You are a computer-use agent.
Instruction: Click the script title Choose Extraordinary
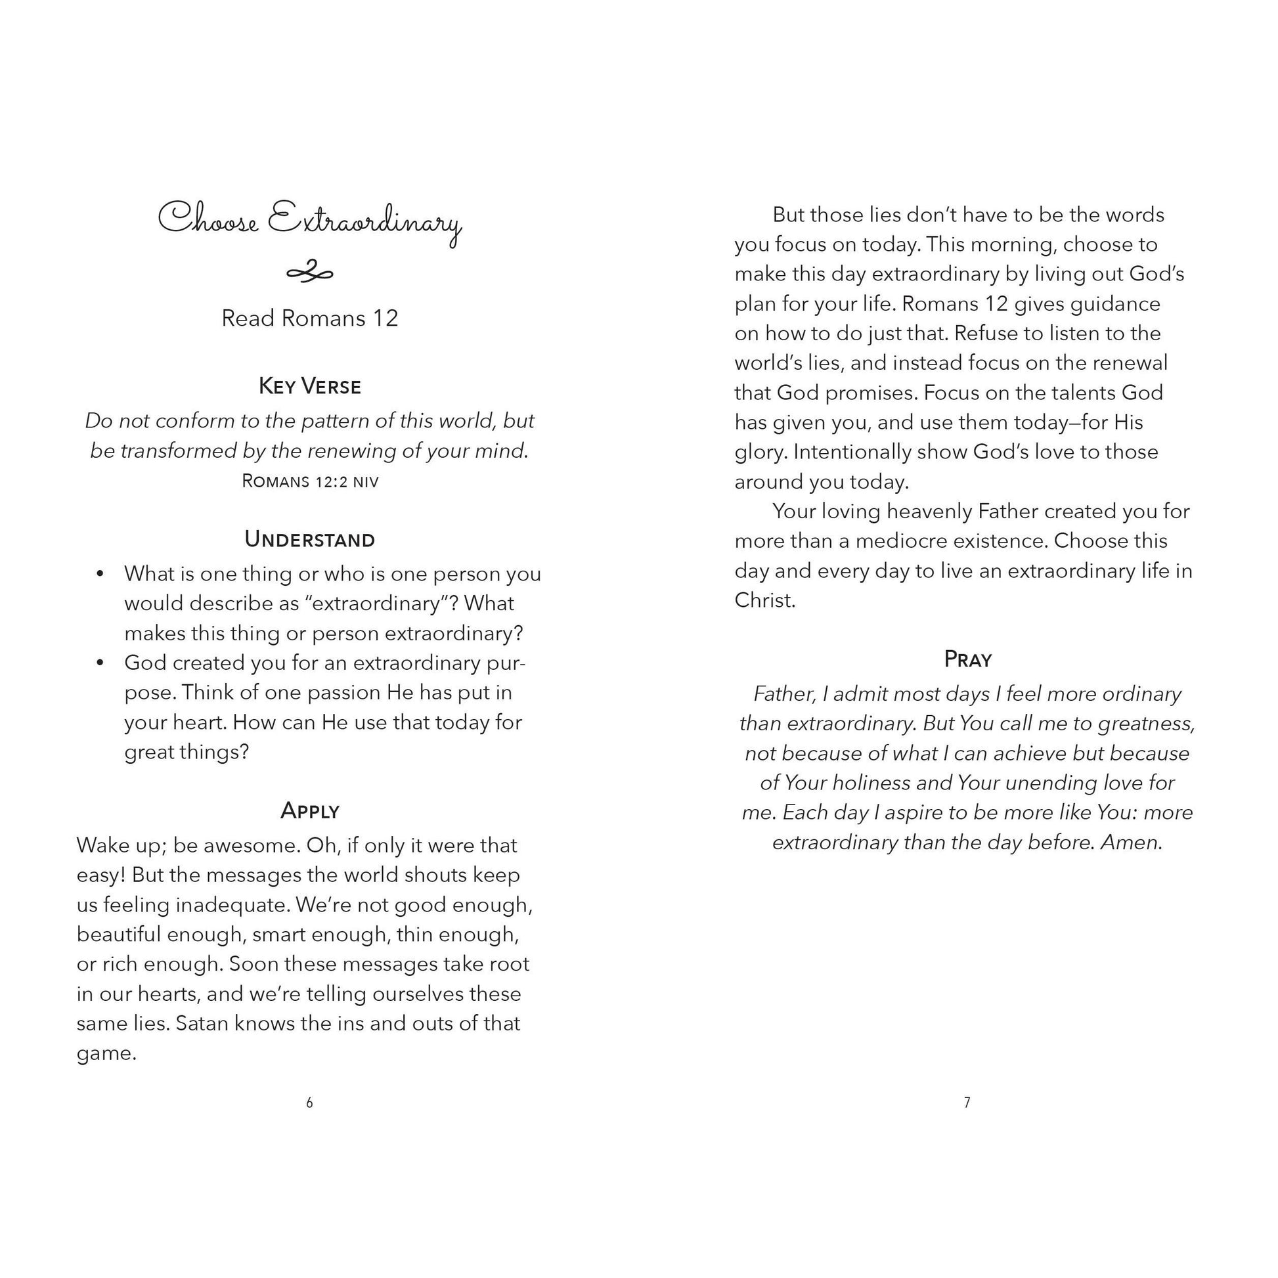[309, 221]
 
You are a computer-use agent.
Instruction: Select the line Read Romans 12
[309, 318]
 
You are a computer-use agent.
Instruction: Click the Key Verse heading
[309, 386]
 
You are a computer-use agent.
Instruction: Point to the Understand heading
[309, 539]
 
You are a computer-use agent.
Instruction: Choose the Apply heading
[309, 810]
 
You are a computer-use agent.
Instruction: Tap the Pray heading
[968, 659]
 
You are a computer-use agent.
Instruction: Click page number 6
[309, 1103]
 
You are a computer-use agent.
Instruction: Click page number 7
[967, 1103]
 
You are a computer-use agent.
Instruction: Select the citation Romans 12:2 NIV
[309, 481]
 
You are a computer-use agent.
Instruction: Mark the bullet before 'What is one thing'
[100, 574]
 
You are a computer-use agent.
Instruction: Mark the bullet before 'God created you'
[100, 663]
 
